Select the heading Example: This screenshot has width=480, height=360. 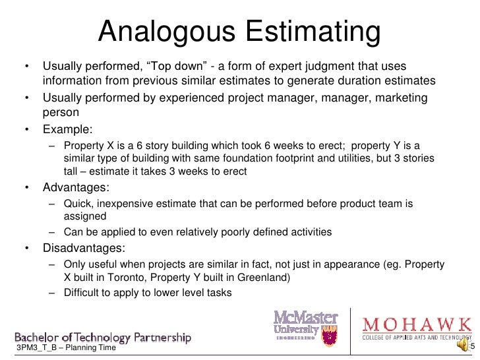tap(68, 129)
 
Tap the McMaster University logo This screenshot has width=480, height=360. tap(306, 327)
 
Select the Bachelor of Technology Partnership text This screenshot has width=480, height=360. tap(103, 337)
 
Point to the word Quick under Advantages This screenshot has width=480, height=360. tap(78, 204)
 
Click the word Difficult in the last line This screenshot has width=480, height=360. tap(84, 292)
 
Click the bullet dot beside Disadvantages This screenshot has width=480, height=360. tap(27, 249)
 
